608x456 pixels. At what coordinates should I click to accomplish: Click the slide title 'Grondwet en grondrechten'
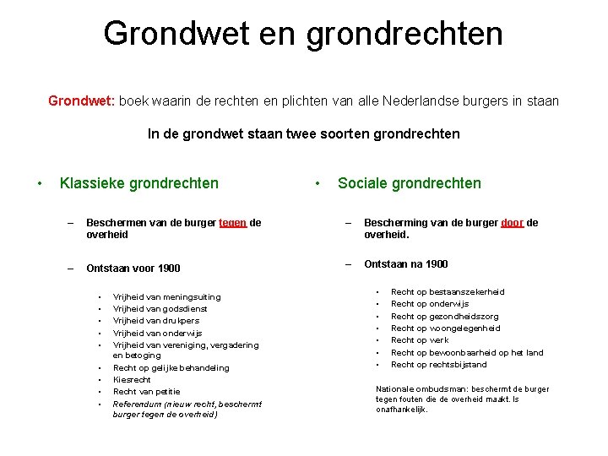click(303, 34)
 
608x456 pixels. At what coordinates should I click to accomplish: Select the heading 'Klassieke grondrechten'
click(138, 183)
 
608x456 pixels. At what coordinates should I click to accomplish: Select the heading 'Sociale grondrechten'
click(409, 183)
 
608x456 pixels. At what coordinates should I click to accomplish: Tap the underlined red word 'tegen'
click(232, 223)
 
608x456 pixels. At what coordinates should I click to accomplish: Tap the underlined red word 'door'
click(512, 223)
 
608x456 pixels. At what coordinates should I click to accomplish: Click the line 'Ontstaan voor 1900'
click(133, 269)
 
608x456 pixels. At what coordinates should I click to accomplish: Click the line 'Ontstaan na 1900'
click(405, 263)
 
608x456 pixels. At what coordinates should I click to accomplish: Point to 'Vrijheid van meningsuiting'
click(166, 296)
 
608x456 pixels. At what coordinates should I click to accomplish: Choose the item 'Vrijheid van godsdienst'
click(160, 308)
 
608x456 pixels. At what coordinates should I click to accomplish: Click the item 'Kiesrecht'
click(132, 380)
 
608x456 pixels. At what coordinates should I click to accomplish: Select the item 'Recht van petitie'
click(146, 392)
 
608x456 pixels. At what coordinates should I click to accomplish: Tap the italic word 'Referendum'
click(137, 404)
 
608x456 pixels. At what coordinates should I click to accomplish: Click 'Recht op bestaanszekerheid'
click(448, 291)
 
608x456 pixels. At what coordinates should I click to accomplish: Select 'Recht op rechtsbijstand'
click(438, 365)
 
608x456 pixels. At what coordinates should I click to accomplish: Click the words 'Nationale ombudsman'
click(414, 389)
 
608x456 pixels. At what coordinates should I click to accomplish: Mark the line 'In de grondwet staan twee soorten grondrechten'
click(303, 133)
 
